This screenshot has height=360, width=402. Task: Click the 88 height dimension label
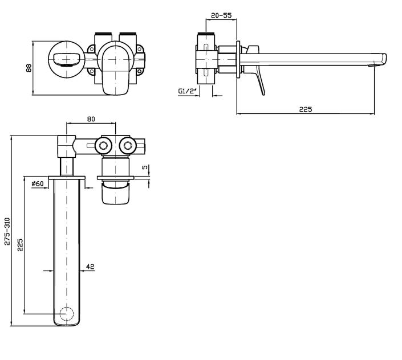(28, 67)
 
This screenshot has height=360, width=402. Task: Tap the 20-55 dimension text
(221, 16)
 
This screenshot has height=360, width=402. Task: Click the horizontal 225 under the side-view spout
(306, 109)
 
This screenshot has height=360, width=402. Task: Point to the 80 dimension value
(91, 119)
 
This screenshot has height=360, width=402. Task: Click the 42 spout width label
(90, 266)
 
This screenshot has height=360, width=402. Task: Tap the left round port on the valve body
(104, 147)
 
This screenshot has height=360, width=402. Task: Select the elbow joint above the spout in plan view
(67, 146)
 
